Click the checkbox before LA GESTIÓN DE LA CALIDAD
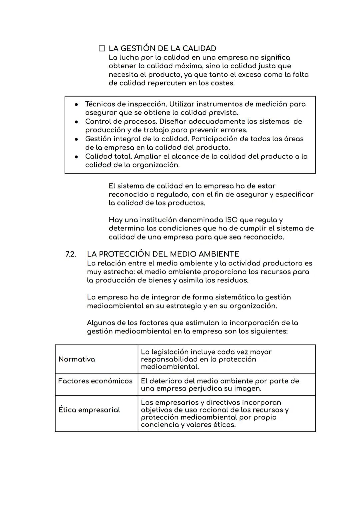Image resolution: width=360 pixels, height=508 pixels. click(x=102, y=49)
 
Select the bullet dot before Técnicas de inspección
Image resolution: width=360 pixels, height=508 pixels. click(x=76, y=104)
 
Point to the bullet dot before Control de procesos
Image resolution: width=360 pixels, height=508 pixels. click(x=76, y=122)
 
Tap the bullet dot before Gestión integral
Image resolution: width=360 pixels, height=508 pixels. click(x=76, y=139)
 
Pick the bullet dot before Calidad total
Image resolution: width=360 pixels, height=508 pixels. click(x=76, y=156)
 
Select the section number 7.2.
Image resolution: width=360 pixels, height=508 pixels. click(x=70, y=254)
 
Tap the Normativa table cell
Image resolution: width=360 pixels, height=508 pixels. click(x=77, y=359)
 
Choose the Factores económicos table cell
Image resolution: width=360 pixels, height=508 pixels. click(x=95, y=381)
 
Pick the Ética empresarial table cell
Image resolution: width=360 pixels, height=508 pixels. click(x=89, y=410)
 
